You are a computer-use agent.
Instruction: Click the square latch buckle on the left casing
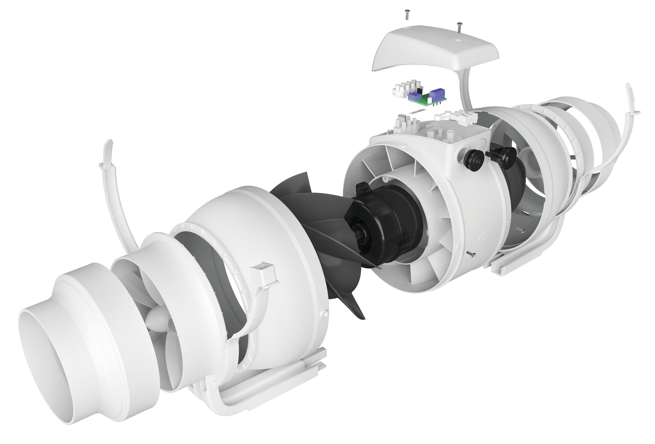pyautogui.click(x=264, y=273)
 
